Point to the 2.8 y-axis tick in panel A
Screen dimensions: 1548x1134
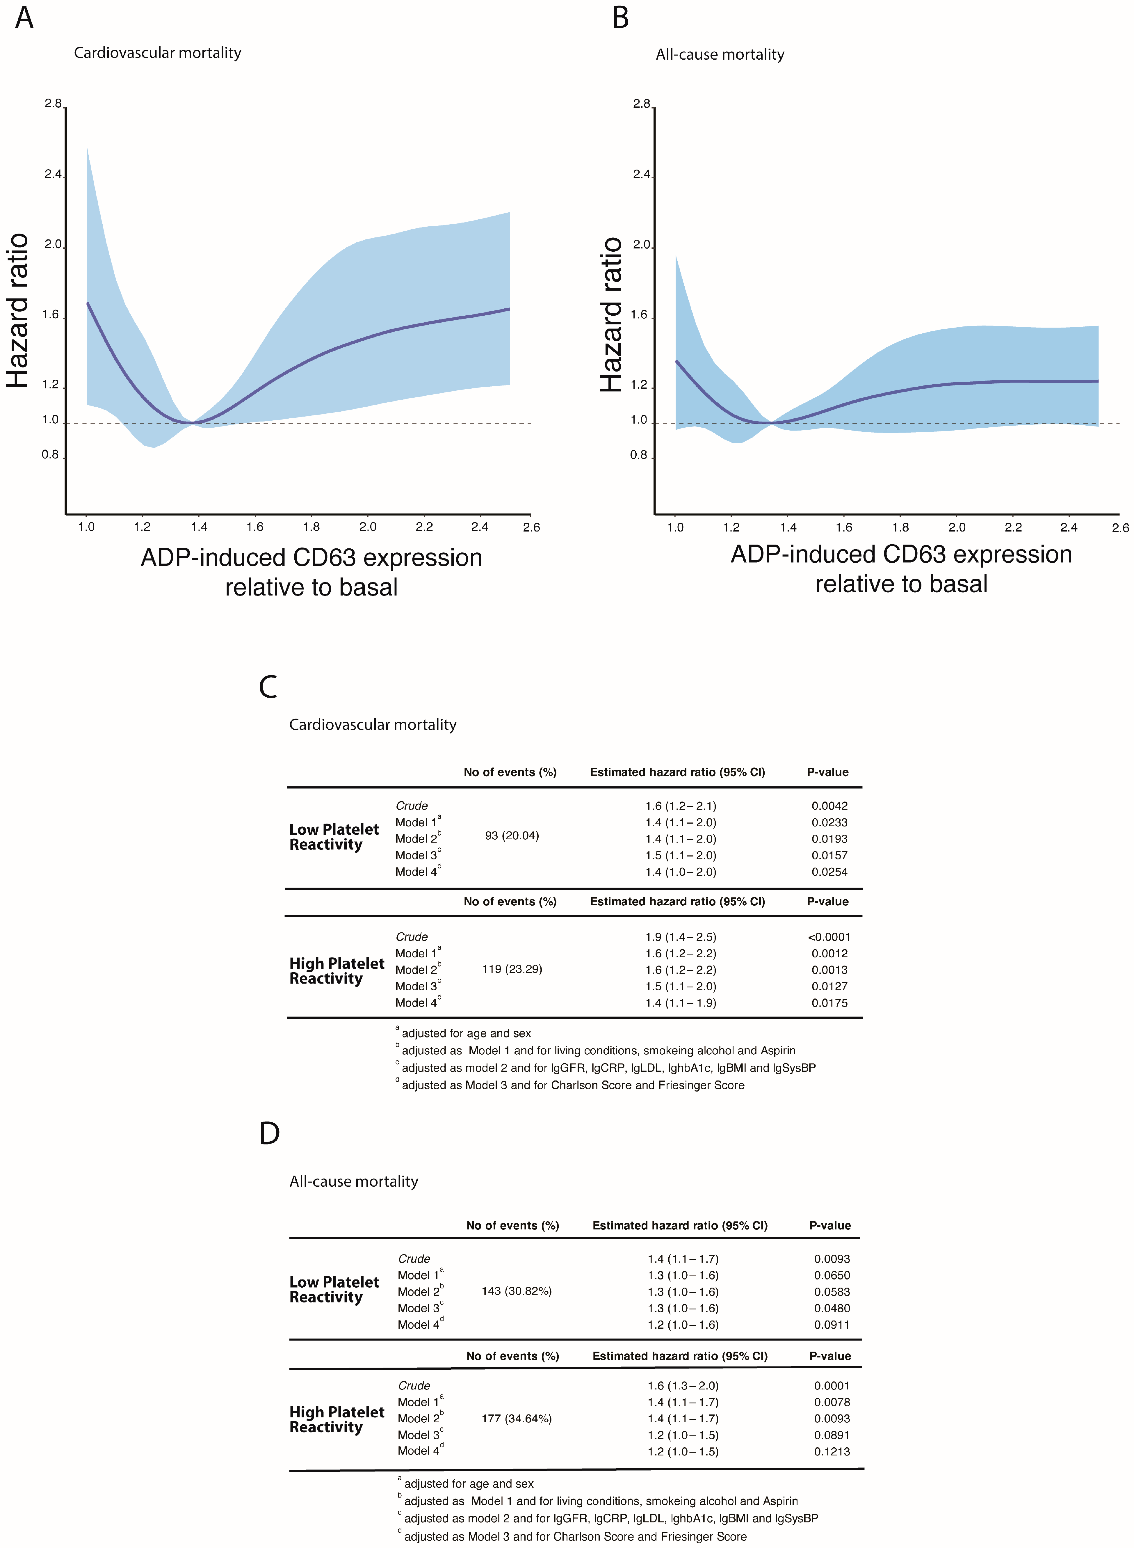point(53,104)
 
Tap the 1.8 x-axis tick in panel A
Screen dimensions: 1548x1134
point(311,527)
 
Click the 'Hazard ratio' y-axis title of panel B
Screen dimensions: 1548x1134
point(611,314)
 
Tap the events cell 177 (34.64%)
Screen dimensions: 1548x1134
point(516,1418)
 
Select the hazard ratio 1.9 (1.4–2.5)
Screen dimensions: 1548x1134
point(680,937)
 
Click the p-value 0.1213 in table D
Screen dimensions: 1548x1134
point(832,1451)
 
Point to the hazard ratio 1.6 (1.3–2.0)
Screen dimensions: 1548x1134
point(683,1385)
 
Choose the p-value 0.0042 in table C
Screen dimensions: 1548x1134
point(829,806)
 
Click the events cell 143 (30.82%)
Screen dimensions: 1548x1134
point(516,1291)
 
